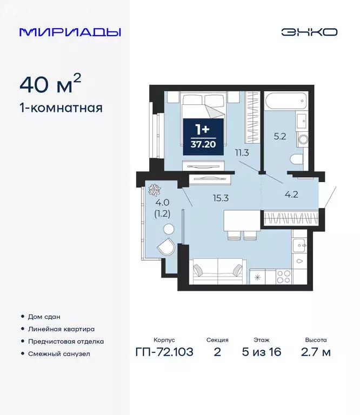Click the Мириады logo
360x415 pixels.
(x=70, y=32)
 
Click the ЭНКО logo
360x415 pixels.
(x=309, y=32)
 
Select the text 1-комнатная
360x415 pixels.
(x=61, y=108)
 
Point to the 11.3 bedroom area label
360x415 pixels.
(x=242, y=152)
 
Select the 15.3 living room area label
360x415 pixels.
(x=221, y=198)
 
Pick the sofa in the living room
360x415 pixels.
(x=219, y=270)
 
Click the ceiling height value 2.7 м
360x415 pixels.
(x=315, y=352)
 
